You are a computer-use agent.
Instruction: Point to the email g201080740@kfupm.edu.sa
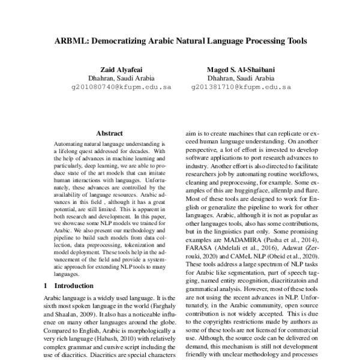(121, 86)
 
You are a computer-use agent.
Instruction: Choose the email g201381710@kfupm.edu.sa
(241, 86)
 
